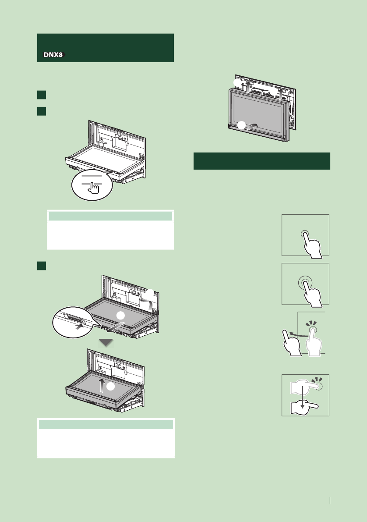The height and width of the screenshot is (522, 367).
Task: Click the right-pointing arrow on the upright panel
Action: pyautogui.click(x=255, y=126)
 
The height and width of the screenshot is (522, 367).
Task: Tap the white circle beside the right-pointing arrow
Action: pyautogui.click(x=240, y=125)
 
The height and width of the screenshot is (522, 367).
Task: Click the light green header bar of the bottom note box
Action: pyautogui.click(x=106, y=424)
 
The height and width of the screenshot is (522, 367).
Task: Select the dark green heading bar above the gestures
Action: pyautogui.click(x=261, y=161)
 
